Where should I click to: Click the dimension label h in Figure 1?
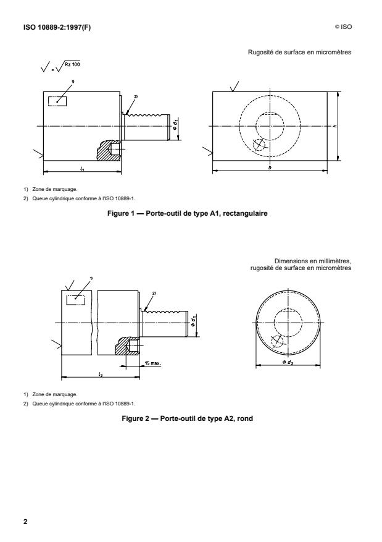(x=343, y=127)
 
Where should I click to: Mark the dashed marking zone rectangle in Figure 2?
(x=75, y=298)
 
